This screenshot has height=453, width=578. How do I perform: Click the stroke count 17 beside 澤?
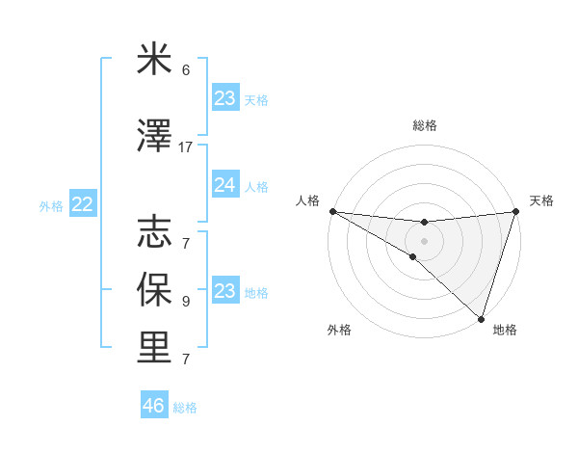(x=186, y=147)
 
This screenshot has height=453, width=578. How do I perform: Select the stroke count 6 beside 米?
(x=186, y=70)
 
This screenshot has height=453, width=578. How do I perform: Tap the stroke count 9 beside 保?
(x=186, y=301)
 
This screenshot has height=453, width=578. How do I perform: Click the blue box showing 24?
(x=225, y=185)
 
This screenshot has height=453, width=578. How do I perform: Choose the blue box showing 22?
(x=83, y=204)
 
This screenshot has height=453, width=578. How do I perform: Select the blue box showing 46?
(x=154, y=406)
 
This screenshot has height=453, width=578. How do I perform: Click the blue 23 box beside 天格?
(x=225, y=98)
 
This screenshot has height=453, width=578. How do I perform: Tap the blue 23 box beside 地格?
(x=225, y=291)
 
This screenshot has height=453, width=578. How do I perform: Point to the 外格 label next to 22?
(x=51, y=205)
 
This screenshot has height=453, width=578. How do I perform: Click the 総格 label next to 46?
(x=185, y=408)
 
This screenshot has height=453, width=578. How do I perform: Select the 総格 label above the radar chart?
(x=424, y=125)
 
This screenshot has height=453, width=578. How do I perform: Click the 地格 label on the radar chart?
(x=505, y=330)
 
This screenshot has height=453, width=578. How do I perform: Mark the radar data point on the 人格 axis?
(x=332, y=210)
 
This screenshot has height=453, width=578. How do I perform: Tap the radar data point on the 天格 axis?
(x=515, y=212)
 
